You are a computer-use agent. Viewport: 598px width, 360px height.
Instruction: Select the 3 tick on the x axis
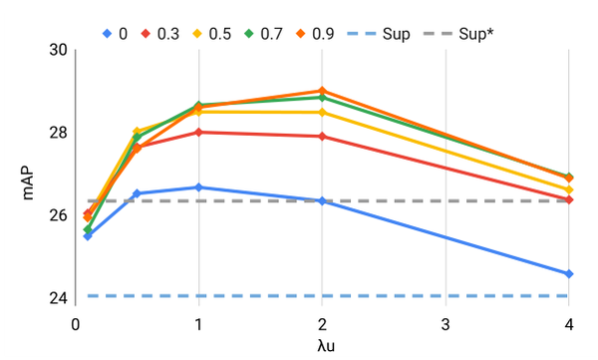446,324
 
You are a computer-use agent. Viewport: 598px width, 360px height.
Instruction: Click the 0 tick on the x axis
76,324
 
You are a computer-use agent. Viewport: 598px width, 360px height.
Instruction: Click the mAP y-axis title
29,174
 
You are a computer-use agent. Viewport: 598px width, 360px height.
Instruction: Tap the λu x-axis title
321,346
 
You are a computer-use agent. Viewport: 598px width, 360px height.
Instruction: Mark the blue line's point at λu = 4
568,273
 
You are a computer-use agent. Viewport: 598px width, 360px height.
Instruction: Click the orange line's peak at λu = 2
322,91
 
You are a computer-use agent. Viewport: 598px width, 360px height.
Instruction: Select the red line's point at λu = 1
198,132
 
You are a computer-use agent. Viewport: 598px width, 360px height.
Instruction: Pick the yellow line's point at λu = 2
322,112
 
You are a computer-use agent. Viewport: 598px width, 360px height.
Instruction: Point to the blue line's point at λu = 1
198,187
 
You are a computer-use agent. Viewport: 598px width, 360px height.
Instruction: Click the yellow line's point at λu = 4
568,189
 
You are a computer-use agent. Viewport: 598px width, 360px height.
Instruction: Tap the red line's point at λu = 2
322,136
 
